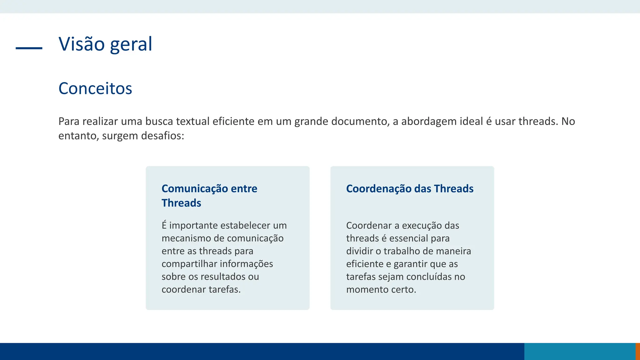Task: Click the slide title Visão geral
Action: [x=105, y=44]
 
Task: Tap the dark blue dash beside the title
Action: [x=29, y=48]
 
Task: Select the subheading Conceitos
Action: [x=95, y=88]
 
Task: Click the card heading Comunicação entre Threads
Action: [x=209, y=196]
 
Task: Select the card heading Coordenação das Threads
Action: [x=410, y=189]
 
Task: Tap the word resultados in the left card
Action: [x=223, y=277]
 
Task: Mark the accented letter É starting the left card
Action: [x=164, y=225]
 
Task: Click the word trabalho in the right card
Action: [x=402, y=251]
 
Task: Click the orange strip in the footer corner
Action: [x=637, y=352]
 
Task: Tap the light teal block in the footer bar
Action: [x=580, y=352]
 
